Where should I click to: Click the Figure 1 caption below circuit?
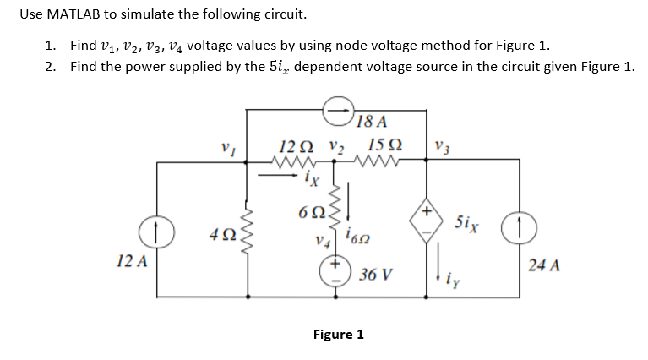[338, 335]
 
